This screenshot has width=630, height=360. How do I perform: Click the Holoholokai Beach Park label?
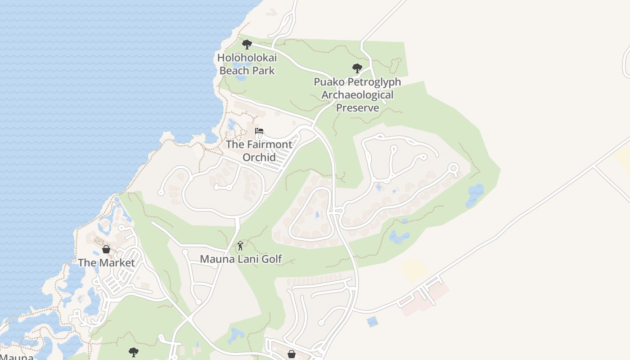tap(247, 64)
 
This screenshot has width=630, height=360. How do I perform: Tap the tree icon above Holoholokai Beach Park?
tap(247, 44)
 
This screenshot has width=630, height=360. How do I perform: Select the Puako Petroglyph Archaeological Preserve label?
tap(357, 95)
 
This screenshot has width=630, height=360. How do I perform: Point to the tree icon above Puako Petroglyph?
tap(357, 68)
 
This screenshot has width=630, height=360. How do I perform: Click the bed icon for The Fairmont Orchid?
tap(259, 131)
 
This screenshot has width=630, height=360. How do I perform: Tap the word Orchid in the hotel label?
tap(259, 157)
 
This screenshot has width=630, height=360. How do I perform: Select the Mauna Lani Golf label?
tap(241, 259)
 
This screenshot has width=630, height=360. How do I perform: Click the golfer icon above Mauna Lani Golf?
tap(240, 246)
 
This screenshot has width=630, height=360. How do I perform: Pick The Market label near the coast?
tap(106, 263)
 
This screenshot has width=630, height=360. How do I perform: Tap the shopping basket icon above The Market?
tap(106, 249)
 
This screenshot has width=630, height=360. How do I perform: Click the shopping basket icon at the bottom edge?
tap(292, 354)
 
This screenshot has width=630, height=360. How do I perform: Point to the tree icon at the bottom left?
tap(133, 351)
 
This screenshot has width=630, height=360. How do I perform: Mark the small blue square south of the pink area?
tap(372, 322)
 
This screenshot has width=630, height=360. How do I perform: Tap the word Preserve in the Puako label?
tap(357, 108)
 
